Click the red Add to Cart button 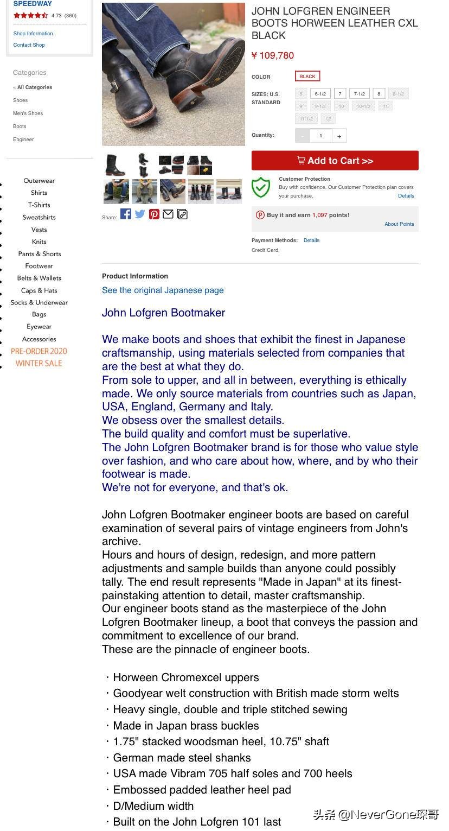335,161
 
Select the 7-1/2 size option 359,93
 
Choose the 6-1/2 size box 320,93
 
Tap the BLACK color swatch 307,77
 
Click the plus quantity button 339,136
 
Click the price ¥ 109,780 273,55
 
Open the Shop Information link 33,34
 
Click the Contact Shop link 29,45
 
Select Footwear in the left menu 39,266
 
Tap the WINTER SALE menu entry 39,363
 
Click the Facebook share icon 126,214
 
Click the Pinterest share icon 155,214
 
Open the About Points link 399,224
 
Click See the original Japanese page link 163,290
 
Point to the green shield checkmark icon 261,187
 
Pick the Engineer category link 23,139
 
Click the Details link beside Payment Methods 311,240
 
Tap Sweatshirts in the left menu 39,217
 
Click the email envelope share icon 168,214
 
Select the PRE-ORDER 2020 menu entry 39,351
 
